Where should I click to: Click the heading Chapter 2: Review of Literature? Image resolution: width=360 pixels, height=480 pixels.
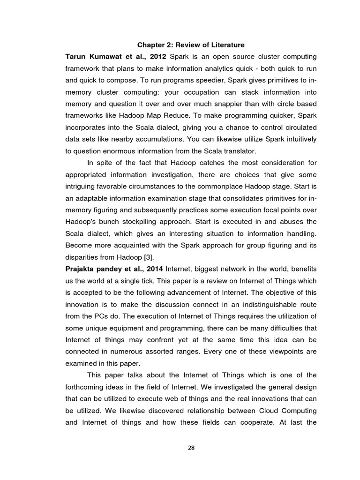click(x=191, y=45)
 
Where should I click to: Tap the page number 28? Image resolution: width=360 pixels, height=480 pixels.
click(x=191, y=447)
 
